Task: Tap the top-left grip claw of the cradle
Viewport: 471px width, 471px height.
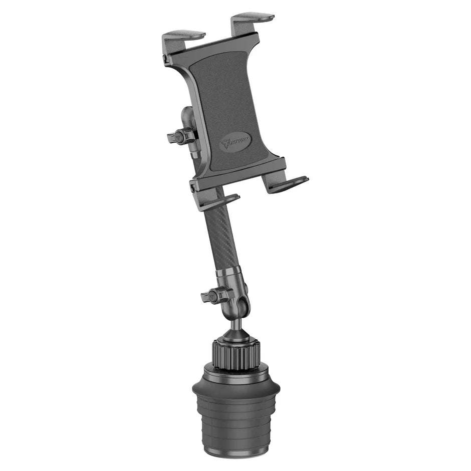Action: point(183,36)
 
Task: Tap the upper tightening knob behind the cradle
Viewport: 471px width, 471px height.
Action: point(181,136)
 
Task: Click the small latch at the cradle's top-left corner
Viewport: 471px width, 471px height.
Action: point(166,60)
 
